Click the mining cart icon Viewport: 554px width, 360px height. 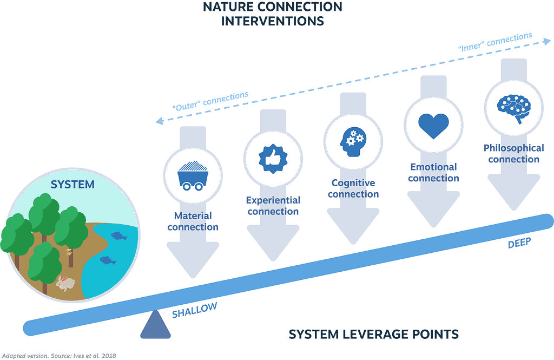click(x=193, y=176)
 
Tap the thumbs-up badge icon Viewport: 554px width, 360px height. click(x=273, y=159)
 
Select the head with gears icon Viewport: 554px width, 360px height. click(x=353, y=142)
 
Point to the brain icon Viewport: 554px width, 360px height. click(x=514, y=108)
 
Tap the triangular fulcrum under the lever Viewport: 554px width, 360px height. click(x=155, y=325)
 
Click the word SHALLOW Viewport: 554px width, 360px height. click(x=194, y=310)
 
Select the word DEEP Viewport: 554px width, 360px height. click(x=519, y=243)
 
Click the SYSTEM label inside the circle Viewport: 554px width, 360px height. click(x=72, y=184)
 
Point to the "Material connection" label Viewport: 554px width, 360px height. click(x=193, y=221)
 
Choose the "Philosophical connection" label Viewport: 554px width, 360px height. click(x=514, y=154)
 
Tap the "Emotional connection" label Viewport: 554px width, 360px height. click(x=433, y=173)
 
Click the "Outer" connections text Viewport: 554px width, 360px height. click(x=210, y=101)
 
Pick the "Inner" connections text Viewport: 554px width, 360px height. click(x=495, y=42)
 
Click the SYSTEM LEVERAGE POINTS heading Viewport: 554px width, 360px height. click(x=374, y=334)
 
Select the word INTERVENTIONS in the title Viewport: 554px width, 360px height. click(x=273, y=21)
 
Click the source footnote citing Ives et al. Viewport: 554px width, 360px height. click(x=59, y=356)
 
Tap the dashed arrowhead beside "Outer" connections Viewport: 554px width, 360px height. click(x=160, y=121)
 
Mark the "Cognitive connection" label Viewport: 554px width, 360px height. click(x=353, y=188)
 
